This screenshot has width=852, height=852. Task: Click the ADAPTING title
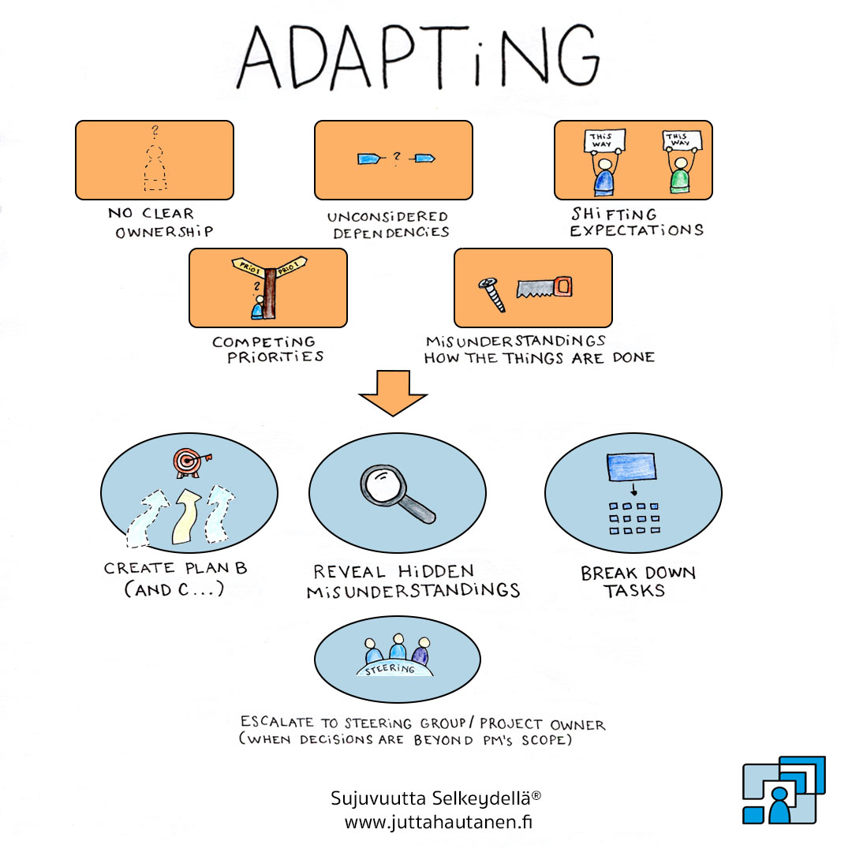[418, 59]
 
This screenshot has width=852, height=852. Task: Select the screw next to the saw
[489, 294]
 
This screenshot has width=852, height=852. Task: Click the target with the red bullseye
[185, 463]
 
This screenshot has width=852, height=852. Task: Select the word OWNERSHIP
[165, 233]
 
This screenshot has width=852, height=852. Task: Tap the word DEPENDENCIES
[390, 233]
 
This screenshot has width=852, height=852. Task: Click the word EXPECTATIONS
[636, 231]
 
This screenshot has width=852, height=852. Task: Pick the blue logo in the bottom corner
[783, 790]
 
